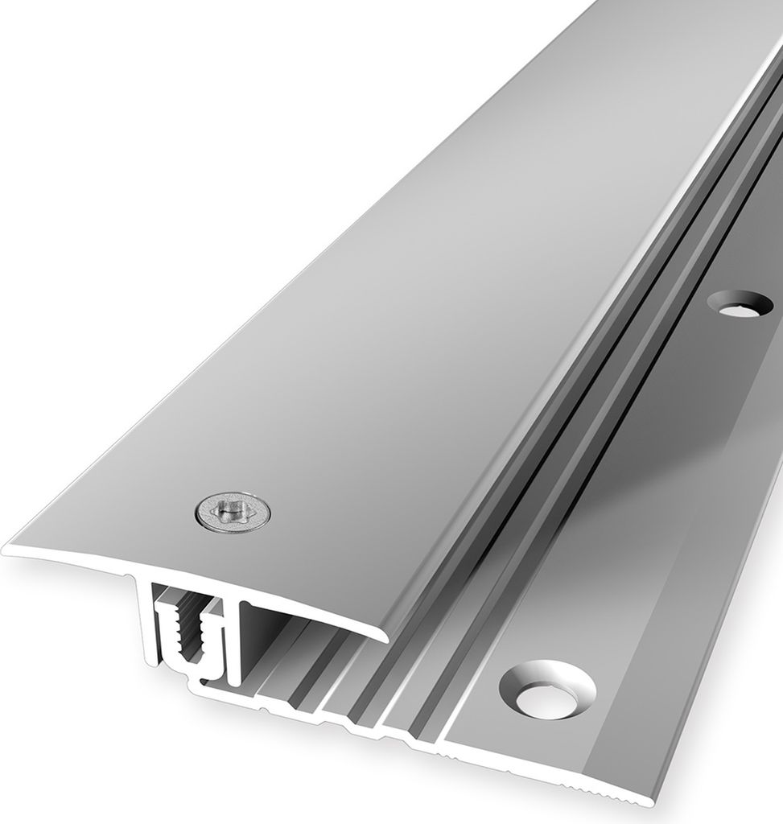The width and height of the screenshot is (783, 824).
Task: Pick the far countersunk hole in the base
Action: coord(740,303)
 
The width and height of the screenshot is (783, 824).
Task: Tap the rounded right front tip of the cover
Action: coord(381,635)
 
